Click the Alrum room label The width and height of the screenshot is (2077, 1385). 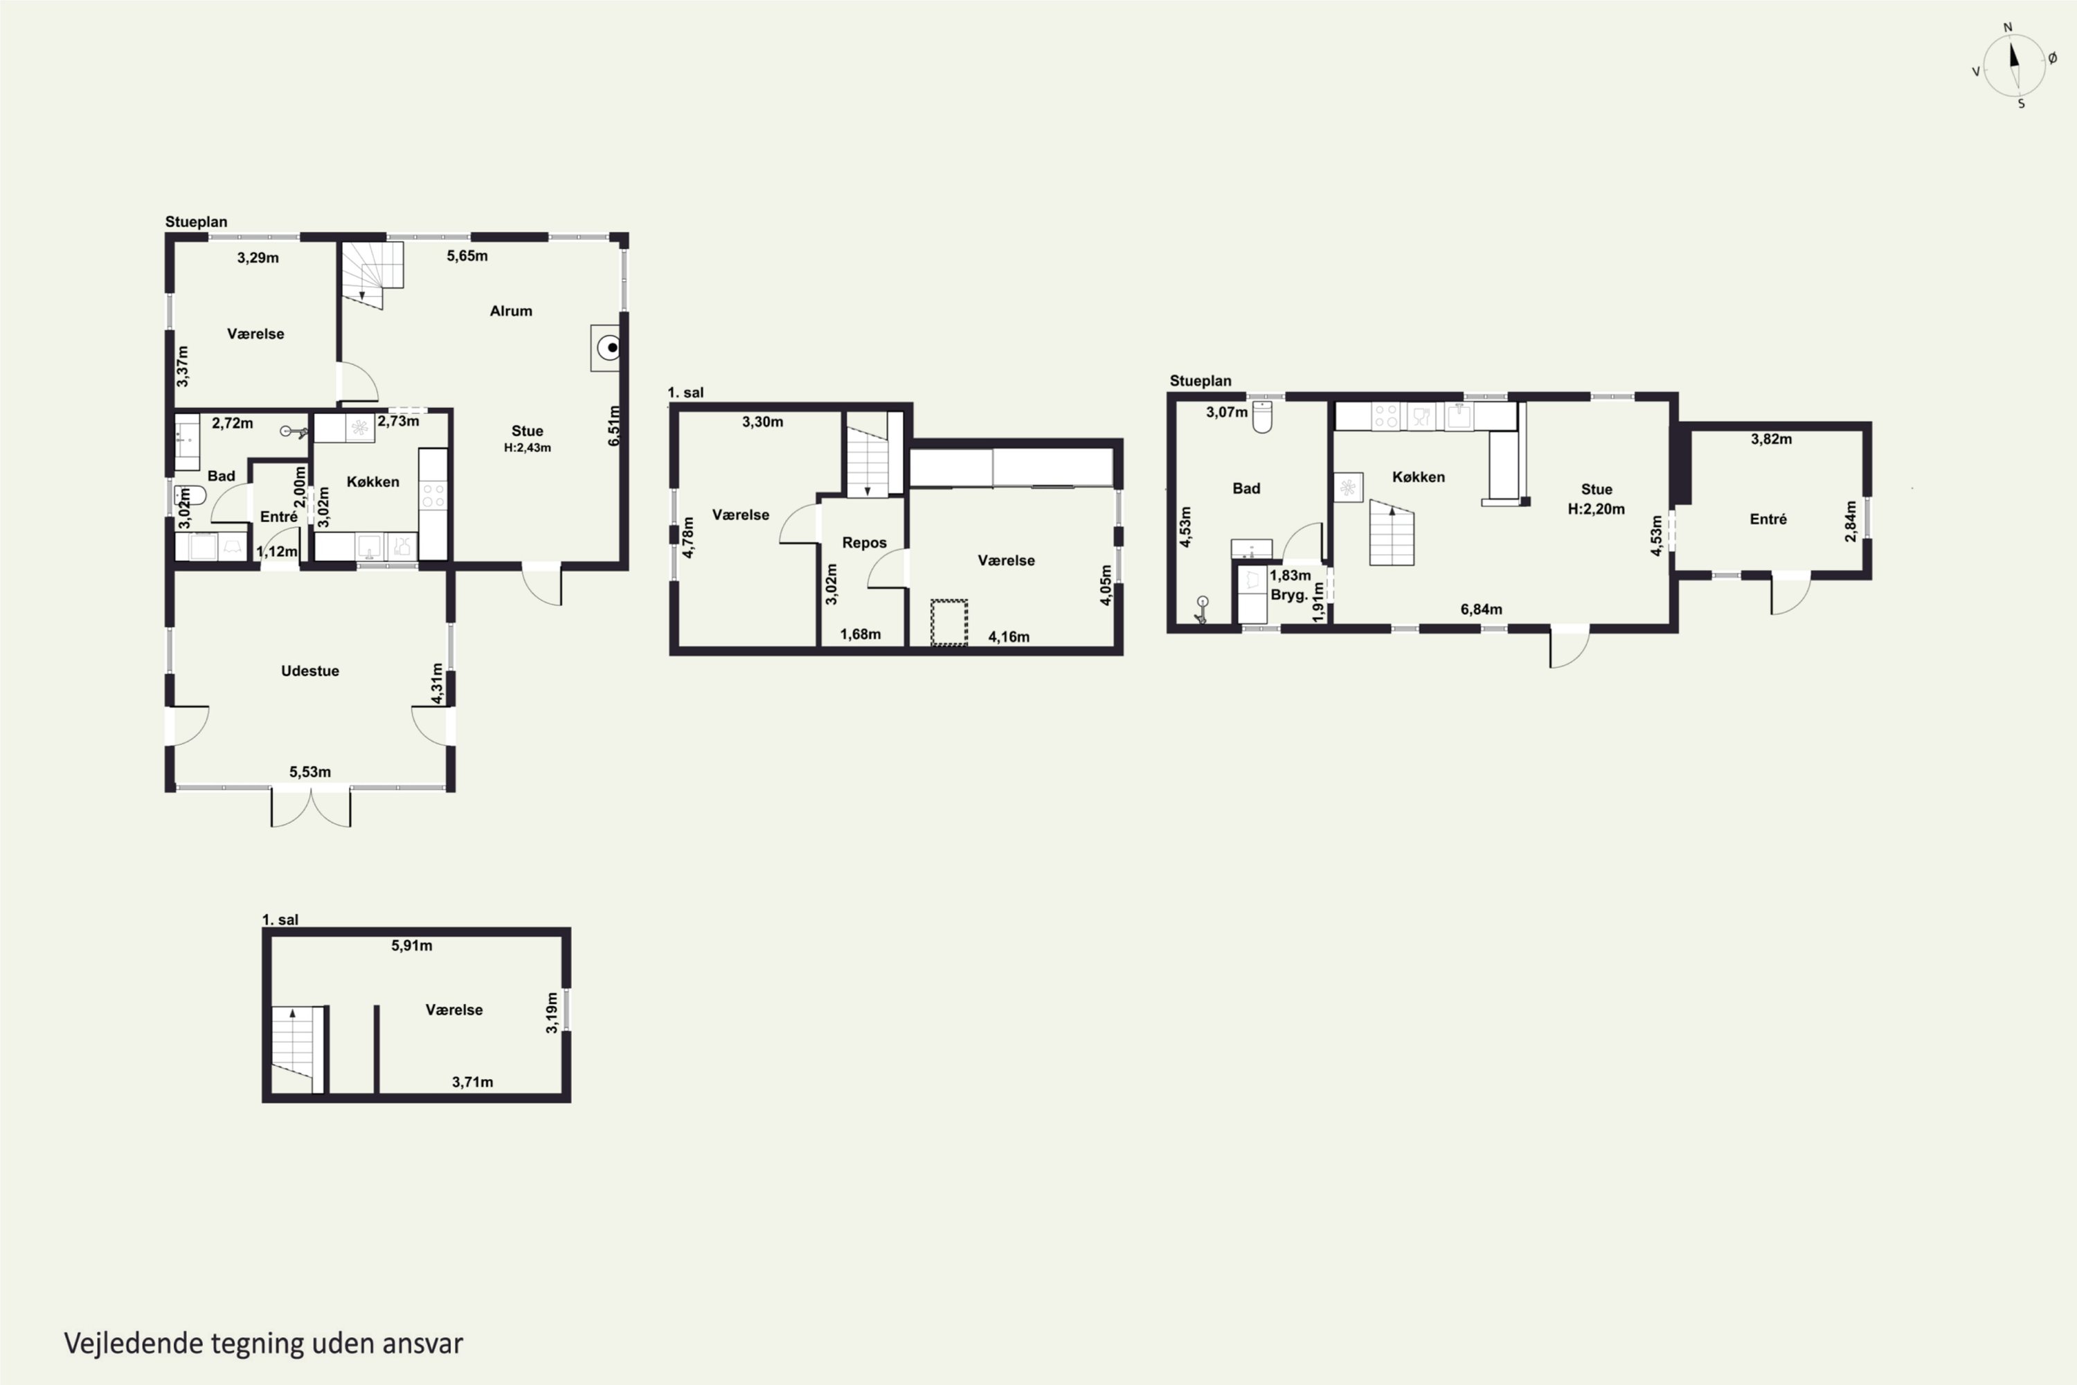510,311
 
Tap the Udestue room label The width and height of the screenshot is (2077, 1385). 310,670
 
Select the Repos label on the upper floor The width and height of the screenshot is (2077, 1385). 863,543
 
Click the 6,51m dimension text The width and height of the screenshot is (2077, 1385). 615,425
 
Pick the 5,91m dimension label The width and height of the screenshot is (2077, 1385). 411,945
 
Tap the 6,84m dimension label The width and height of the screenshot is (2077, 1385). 1481,609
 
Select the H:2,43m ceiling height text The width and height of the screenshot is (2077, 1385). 527,448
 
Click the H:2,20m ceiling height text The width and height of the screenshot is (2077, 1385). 1596,509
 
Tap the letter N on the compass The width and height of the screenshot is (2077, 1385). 2007,28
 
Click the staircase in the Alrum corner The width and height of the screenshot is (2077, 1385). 372,275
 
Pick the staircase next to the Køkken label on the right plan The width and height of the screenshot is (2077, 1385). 1392,533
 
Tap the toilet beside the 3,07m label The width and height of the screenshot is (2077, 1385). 1263,417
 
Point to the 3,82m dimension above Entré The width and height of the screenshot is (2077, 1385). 1772,439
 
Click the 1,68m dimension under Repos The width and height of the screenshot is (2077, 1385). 860,634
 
